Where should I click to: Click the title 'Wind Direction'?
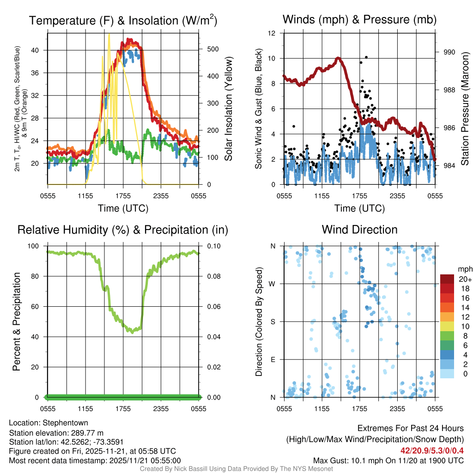pyautogui.click(x=359, y=230)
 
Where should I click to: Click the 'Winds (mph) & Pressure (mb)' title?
pyautogui.click(x=359, y=19)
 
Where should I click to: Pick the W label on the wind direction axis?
pyautogui.click(x=272, y=284)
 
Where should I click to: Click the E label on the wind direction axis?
pyautogui.click(x=273, y=359)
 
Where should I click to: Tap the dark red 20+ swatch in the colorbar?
pyautogui.click(x=447, y=279)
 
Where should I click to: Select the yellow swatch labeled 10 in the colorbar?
pyautogui.click(x=447, y=327)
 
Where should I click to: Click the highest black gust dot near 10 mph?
pyautogui.click(x=366, y=57)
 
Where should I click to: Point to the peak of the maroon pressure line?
pyautogui.click(x=339, y=58)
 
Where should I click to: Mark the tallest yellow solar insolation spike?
pyautogui.click(x=109, y=34)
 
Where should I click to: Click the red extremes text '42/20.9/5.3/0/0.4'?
pyautogui.click(x=432, y=450)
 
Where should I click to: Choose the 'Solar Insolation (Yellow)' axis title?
pyautogui.click(x=228, y=109)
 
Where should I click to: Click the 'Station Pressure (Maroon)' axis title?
pyautogui.click(x=465, y=109)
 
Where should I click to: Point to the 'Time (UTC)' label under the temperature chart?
pyautogui.click(x=123, y=208)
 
